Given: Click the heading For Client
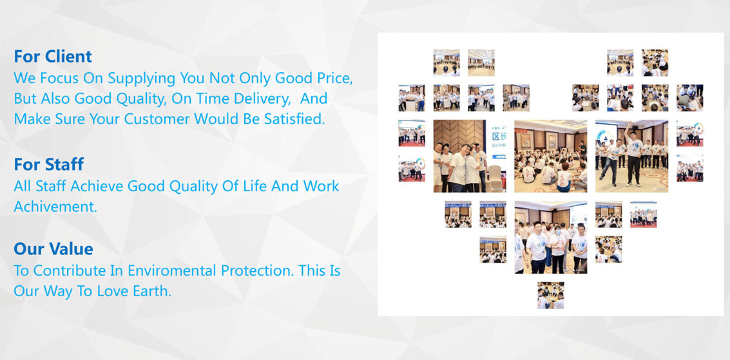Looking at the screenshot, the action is (53, 56).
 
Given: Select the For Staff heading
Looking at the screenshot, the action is (49, 164).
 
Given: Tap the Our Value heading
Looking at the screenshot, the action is (53, 249).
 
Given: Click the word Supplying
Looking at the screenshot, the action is (143, 78).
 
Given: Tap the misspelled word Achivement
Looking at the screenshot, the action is (55, 206).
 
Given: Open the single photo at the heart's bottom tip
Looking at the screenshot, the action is (551, 296).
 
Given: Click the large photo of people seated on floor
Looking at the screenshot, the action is (551, 156).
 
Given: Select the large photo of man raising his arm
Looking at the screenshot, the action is (632, 156).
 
